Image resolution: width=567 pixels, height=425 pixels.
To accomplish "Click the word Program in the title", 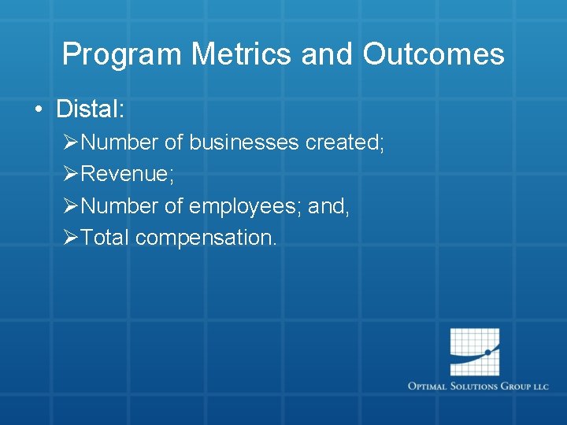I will tap(122, 54).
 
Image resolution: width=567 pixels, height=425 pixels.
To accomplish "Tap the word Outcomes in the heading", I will tap(433, 54).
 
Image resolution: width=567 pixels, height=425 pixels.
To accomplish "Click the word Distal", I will tap(90, 109).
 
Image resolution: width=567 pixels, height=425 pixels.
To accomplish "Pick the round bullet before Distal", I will tap(39, 109).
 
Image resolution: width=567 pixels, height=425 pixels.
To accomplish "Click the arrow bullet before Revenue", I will tap(70, 174).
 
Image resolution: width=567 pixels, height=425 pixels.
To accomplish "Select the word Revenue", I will tap(127, 174).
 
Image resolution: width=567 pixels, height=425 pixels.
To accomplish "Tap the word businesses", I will tap(243, 142).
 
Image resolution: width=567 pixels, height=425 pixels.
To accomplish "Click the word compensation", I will tap(206, 238).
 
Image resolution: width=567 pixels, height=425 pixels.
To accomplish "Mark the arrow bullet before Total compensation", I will tap(70, 238).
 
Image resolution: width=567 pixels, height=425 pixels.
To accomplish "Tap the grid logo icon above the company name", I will tap(475, 352).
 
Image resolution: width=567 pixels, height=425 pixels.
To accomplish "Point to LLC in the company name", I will tap(540, 386).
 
